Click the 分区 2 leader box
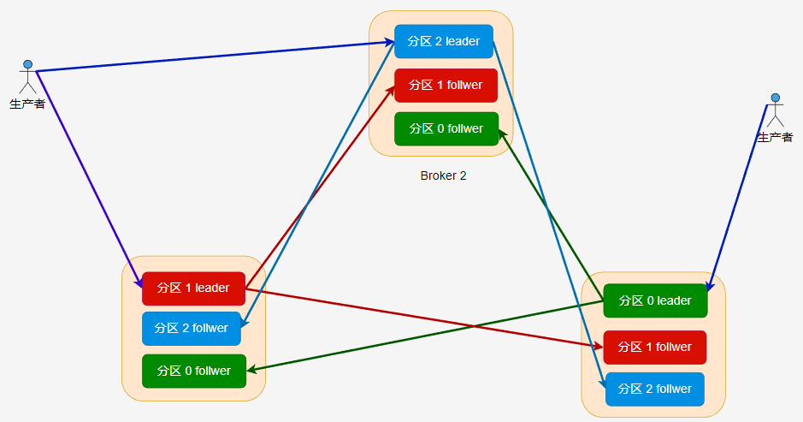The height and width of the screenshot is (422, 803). (x=443, y=41)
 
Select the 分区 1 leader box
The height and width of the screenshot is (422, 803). (x=193, y=288)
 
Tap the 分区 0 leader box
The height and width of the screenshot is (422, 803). (x=655, y=300)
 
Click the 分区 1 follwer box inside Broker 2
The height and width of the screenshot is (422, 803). (x=445, y=86)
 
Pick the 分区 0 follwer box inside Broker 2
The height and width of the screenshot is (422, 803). (x=446, y=128)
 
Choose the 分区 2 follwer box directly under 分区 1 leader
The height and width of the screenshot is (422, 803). (x=192, y=328)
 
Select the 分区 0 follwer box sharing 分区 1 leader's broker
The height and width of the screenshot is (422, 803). (x=193, y=371)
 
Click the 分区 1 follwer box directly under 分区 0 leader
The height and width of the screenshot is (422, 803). (x=655, y=347)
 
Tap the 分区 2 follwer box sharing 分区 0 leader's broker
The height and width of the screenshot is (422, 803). (x=655, y=389)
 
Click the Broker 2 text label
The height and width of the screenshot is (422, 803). (x=443, y=175)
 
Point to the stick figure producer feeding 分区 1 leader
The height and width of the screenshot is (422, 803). (x=28, y=76)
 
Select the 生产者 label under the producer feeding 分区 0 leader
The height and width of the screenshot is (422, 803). (x=775, y=137)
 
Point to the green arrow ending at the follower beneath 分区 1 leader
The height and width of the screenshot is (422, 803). (x=428, y=334)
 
